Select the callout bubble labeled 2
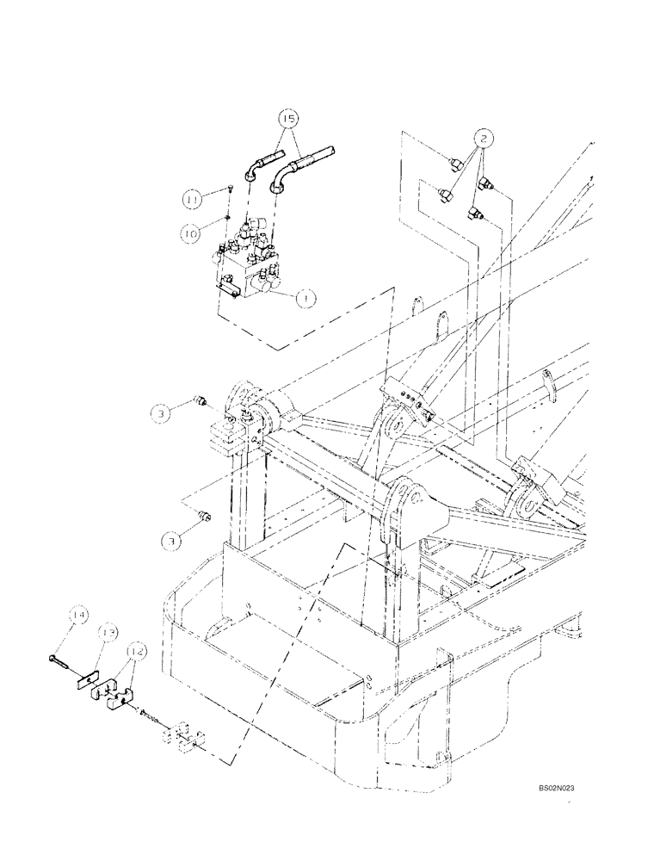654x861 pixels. [x=484, y=137]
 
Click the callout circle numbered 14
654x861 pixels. [x=79, y=615]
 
